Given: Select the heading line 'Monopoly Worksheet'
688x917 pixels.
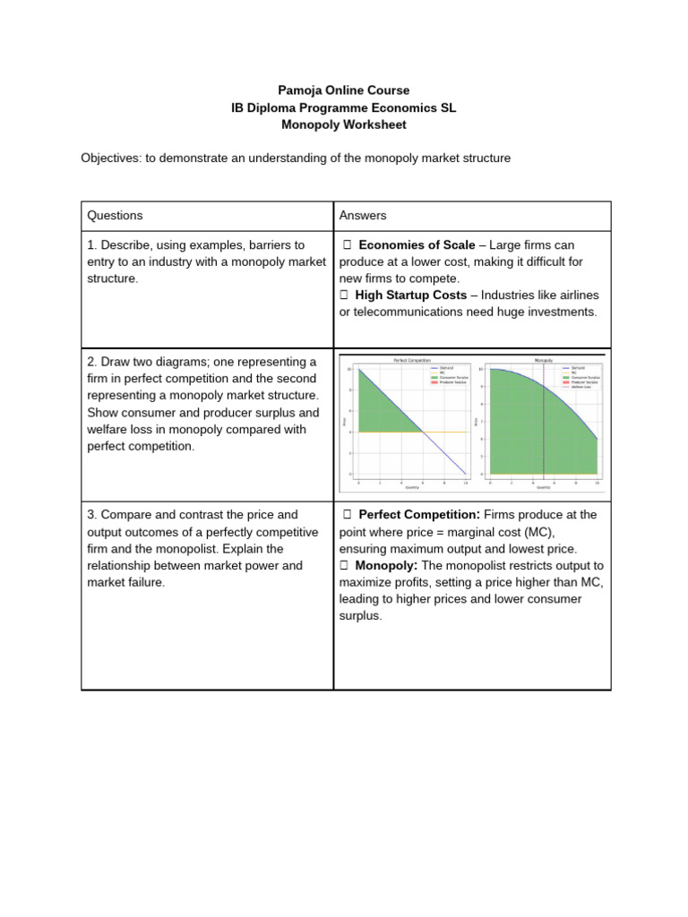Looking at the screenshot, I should coord(344,124).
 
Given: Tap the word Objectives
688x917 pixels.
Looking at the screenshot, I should coord(115,159).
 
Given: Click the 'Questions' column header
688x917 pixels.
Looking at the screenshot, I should coord(115,216).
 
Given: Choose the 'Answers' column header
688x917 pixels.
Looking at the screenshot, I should coord(363,216).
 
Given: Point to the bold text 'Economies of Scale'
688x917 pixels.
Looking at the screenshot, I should coord(415,245).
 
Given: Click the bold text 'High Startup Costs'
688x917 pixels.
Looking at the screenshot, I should coord(410,295).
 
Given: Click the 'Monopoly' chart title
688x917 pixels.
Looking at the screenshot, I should coord(543,360).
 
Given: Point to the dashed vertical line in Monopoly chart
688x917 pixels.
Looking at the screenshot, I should coord(543,421).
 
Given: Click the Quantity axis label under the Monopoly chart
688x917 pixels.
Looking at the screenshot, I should coord(543,488).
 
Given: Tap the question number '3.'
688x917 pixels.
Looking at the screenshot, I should coord(92,515).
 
